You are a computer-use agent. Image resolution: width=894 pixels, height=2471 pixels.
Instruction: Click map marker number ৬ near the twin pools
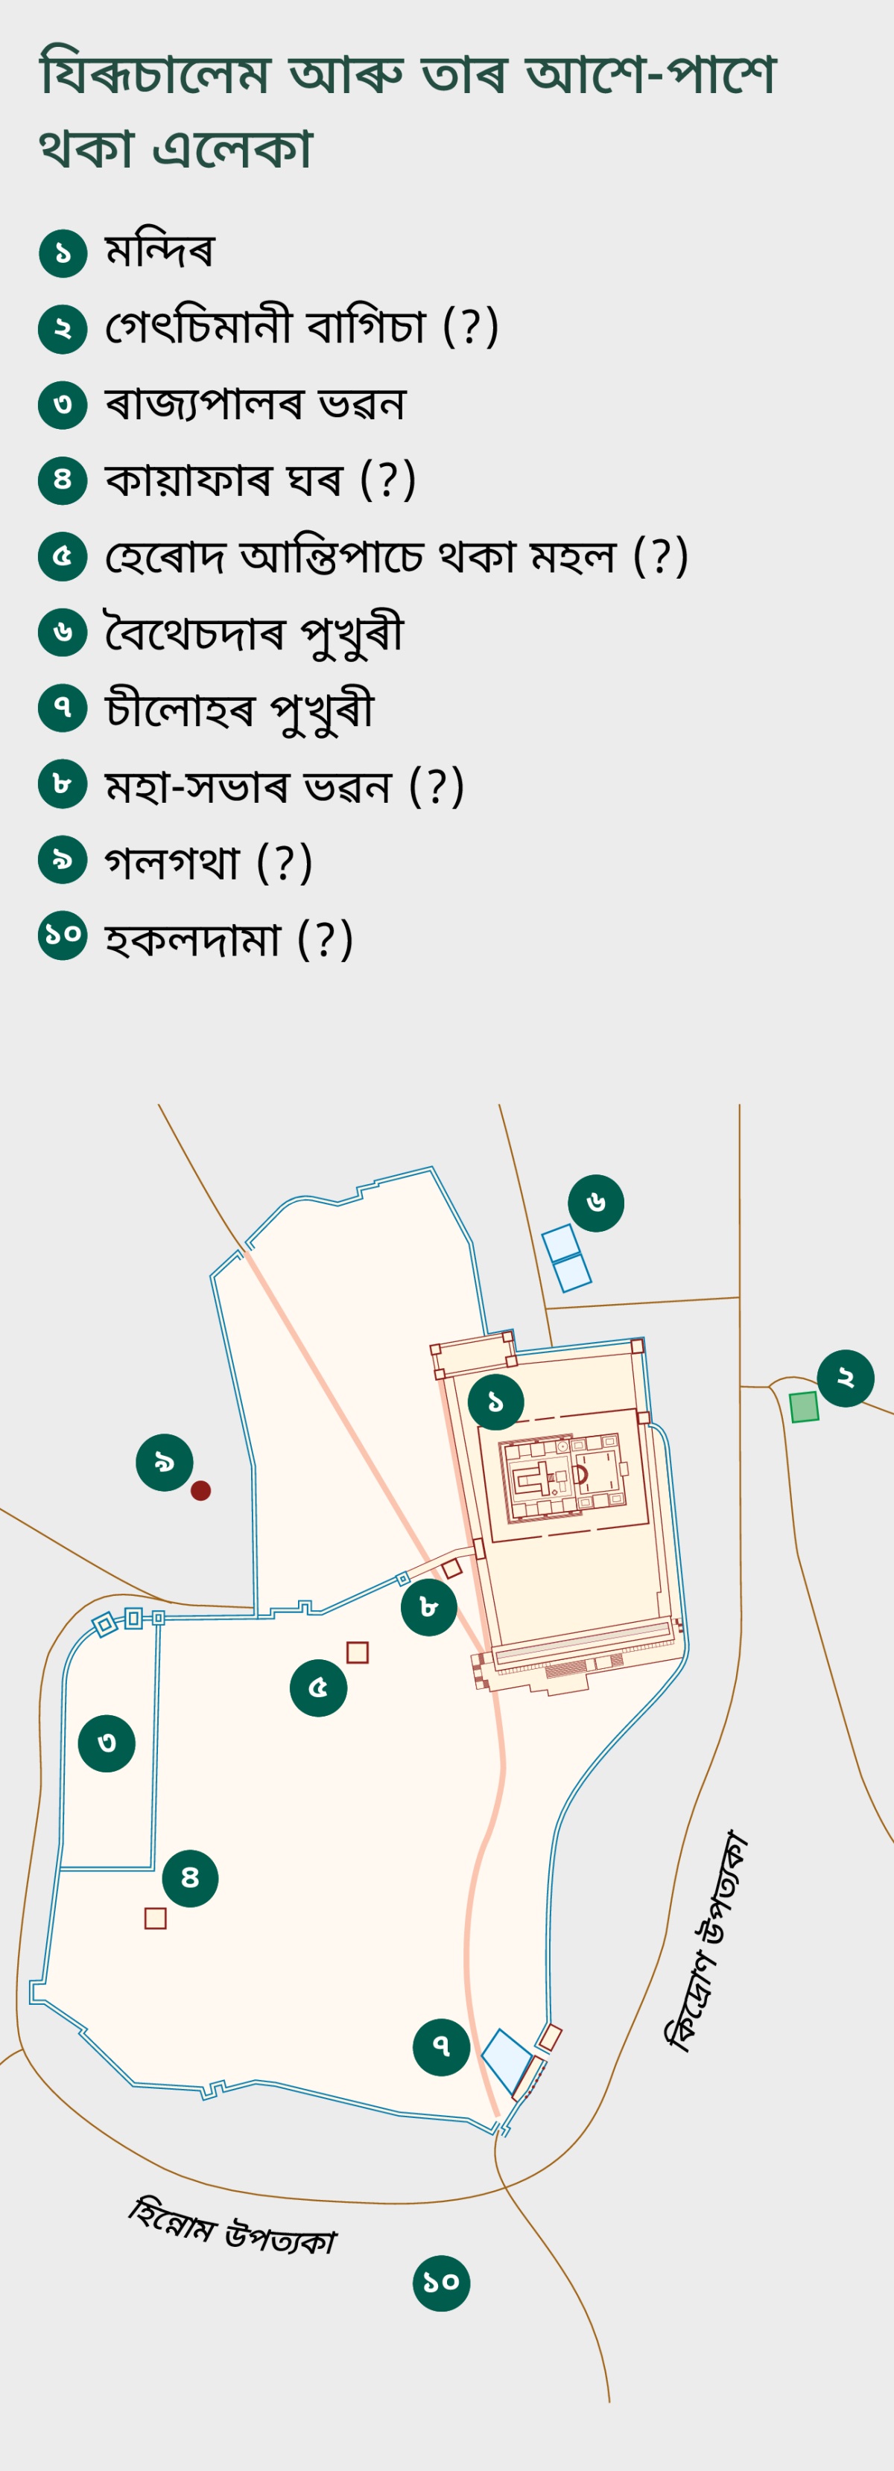pyautogui.click(x=596, y=1203)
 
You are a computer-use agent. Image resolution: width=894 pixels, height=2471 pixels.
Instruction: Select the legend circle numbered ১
pyautogui.click(x=63, y=253)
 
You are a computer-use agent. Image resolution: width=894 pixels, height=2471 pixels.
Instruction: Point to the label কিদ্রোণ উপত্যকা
pyautogui.click(x=707, y=1941)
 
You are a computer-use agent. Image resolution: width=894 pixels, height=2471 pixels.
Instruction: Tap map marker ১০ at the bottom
pyautogui.click(x=441, y=2283)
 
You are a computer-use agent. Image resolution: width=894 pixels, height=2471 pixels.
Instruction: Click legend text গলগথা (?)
pyautogui.click(x=208, y=862)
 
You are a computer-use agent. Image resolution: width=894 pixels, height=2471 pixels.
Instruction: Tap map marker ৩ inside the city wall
pyautogui.click(x=107, y=1743)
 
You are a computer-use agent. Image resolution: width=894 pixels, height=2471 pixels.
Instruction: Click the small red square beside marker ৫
pyautogui.click(x=357, y=1652)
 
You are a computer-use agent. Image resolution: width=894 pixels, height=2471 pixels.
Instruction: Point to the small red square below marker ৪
pyautogui.click(x=156, y=1918)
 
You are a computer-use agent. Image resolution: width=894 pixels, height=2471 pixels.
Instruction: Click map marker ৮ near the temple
pyautogui.click(x=429, y=1606)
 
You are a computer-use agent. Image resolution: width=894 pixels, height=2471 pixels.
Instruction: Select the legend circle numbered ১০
pyautogui.click(x=63, y=935)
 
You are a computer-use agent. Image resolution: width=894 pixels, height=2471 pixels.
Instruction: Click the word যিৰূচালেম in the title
pyautogui.click(x=154, y=74)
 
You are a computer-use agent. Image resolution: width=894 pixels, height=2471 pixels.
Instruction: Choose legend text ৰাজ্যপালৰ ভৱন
pyautogui.click(x=255, y=404)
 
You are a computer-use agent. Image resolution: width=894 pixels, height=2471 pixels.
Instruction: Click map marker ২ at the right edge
pyautogui.click(x=845, y=1378)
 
